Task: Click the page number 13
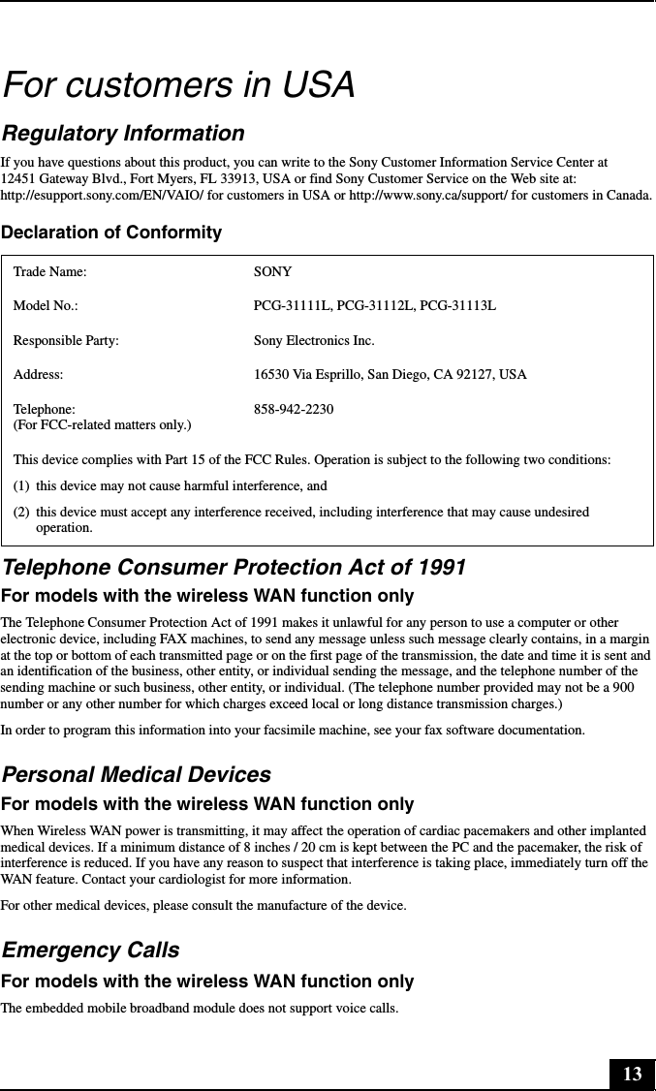point(632,1074)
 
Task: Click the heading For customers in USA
point(179,85)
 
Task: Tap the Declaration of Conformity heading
point(111,233)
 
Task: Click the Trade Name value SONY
point(272,273)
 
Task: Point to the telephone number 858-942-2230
point(294,410)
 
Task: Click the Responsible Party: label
point(66,341)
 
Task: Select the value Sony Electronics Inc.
point(314,341)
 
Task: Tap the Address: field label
point(39,375)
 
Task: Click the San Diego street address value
point(390,375)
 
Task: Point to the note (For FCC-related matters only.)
point(102,424)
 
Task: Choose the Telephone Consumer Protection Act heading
point(234,567)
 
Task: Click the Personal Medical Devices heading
point(136,775)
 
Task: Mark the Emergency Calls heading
point(90,951)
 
